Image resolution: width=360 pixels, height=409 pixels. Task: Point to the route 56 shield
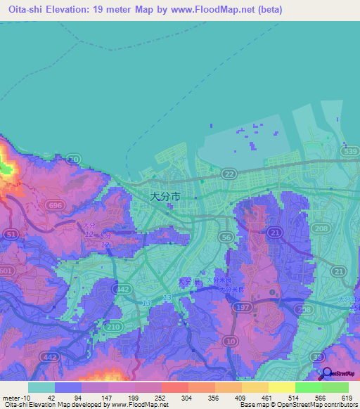click(226, 238)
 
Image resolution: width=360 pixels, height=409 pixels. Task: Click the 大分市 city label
click(166, 197)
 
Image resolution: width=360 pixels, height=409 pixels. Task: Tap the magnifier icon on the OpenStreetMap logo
click(324, 373)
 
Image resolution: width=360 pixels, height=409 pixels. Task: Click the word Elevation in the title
click(71, 7)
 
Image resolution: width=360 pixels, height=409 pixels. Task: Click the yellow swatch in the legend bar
click(281, 387)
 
